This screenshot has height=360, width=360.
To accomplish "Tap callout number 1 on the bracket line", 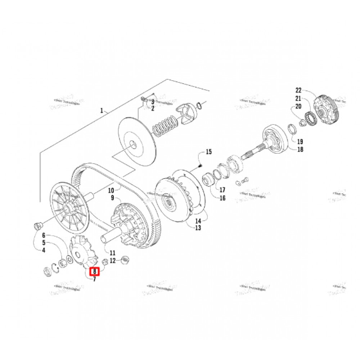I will [x=102, y=111].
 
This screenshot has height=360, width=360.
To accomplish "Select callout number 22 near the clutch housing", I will [x=299, y=90].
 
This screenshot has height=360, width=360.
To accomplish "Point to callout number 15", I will [x=208, y=152].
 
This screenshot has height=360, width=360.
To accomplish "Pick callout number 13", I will [x=198, y=228].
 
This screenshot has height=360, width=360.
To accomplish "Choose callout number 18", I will [x=300, y=149].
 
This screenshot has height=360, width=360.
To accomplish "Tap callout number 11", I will [x=112, y=253].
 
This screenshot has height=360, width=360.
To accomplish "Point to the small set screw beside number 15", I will [x=201, y=166].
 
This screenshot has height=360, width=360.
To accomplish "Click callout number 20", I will [x=298, y=106].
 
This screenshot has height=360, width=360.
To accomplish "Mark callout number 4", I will [x=44, y=251].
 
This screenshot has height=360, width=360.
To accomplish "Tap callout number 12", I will [x=113, y=261].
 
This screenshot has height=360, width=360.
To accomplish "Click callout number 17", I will [x=222, y=190].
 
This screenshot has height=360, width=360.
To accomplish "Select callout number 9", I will [x=112, y=198].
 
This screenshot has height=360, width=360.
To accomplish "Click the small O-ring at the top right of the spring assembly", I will [x=201, y=105].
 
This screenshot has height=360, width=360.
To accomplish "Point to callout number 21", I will [x=298, y=98].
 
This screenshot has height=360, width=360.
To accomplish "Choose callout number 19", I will [x=300, y=141].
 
